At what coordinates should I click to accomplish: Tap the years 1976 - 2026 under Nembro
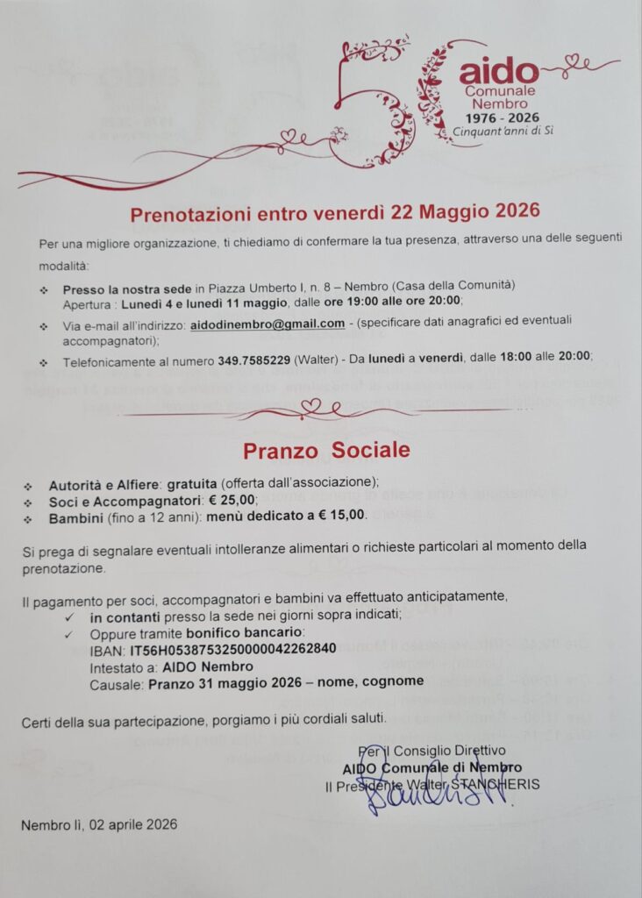pos(502,117)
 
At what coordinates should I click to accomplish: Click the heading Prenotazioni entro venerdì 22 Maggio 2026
pos(334,212)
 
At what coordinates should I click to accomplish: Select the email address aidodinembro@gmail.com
pos(267,324)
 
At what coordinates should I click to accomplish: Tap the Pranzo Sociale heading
pos(326,450)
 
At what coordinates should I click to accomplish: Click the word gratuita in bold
pos(192,483)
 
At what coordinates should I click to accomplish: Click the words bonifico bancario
pos(260,632)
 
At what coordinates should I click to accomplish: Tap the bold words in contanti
pos(126,616)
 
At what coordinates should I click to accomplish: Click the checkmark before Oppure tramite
pos(68,633)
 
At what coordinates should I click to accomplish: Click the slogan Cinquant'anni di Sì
pos(503,132)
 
